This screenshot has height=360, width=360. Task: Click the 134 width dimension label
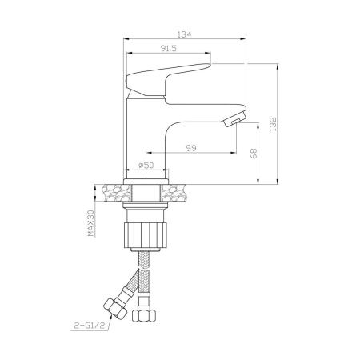[x=184, y=34]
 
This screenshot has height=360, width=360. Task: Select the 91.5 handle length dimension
[x=169, y=48]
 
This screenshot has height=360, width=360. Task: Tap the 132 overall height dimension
[x=274, y=124]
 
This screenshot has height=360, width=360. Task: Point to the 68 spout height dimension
[x=254, y=154]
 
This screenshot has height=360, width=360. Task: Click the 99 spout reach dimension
[x=191, y=148]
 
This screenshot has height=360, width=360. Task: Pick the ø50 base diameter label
[x=146, y=166]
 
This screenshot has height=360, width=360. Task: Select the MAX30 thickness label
[x=91, y=223]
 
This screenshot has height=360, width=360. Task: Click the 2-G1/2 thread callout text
[x=88, y=326]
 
